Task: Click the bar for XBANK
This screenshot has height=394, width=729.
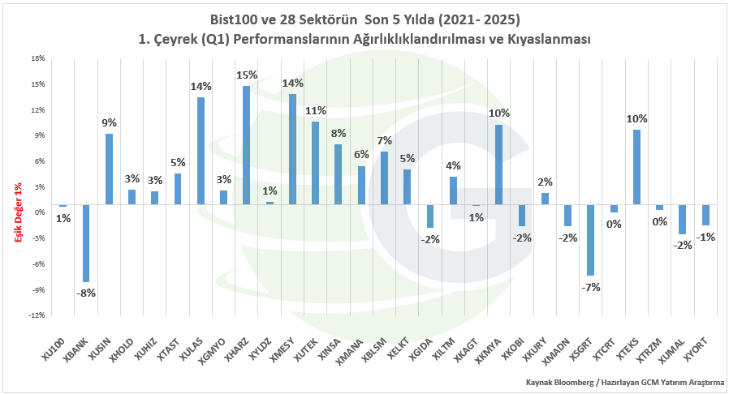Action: coord(86,243)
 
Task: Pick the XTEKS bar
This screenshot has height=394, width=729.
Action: coord(637,168)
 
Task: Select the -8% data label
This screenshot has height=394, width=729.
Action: coord(86,293)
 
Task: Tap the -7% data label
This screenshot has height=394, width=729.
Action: coord(591,287)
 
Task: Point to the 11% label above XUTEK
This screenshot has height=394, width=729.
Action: coord(315,111)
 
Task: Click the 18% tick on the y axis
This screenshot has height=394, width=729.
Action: coord(38,58)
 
